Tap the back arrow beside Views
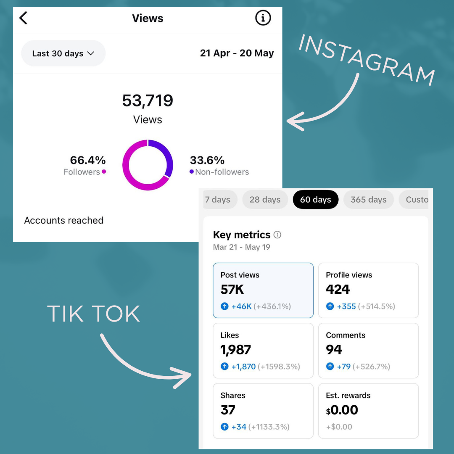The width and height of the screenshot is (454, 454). tap(23, 18)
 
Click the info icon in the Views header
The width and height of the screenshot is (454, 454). tap(263, 18)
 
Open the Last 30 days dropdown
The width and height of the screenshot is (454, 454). tap(63, 53)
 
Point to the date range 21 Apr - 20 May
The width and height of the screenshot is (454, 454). tap(237, 53)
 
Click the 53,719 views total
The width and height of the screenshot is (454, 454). tap(148, 101)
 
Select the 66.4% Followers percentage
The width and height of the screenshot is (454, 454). tap(88, 160)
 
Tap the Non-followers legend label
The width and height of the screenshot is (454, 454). tap(222, 172)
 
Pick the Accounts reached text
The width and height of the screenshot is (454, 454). tap(64, 220)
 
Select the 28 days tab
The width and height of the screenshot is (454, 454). tap(265, 200)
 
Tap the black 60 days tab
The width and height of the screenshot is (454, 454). tap(315, 200)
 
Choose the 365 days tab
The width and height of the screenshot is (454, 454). tap(368, 200)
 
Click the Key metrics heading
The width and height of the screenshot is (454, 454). tap(242, 235)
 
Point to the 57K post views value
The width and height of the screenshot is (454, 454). tap(232, 290)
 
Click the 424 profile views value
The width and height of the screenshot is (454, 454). tap(338, 290)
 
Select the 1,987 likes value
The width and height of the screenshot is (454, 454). tap(236, 350)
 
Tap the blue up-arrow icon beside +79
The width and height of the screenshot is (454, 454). tap(330, 367)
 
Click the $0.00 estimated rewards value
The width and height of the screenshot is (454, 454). tap(342, 410)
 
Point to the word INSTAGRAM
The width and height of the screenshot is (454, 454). tap(366, 59)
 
